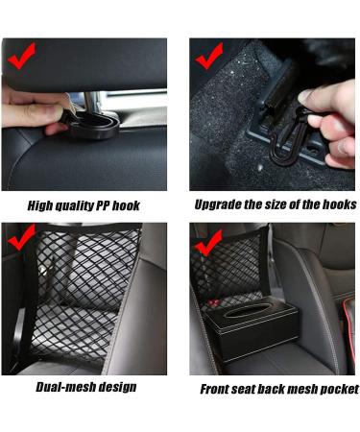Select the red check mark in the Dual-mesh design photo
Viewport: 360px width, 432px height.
pyautogui.click(x=22, y=238)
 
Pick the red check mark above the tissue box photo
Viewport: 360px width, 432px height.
pyautogui.click(x=208, y=238)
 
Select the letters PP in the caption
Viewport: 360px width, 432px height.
pyautogui.click(x=113, y=205)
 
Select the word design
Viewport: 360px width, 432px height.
pyautogui.click(x=114, y=387)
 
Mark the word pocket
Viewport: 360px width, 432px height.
pyautogui.click(x=336, y=389)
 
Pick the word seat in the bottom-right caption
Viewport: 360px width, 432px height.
pyautogui.click(x=250, y=389)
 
